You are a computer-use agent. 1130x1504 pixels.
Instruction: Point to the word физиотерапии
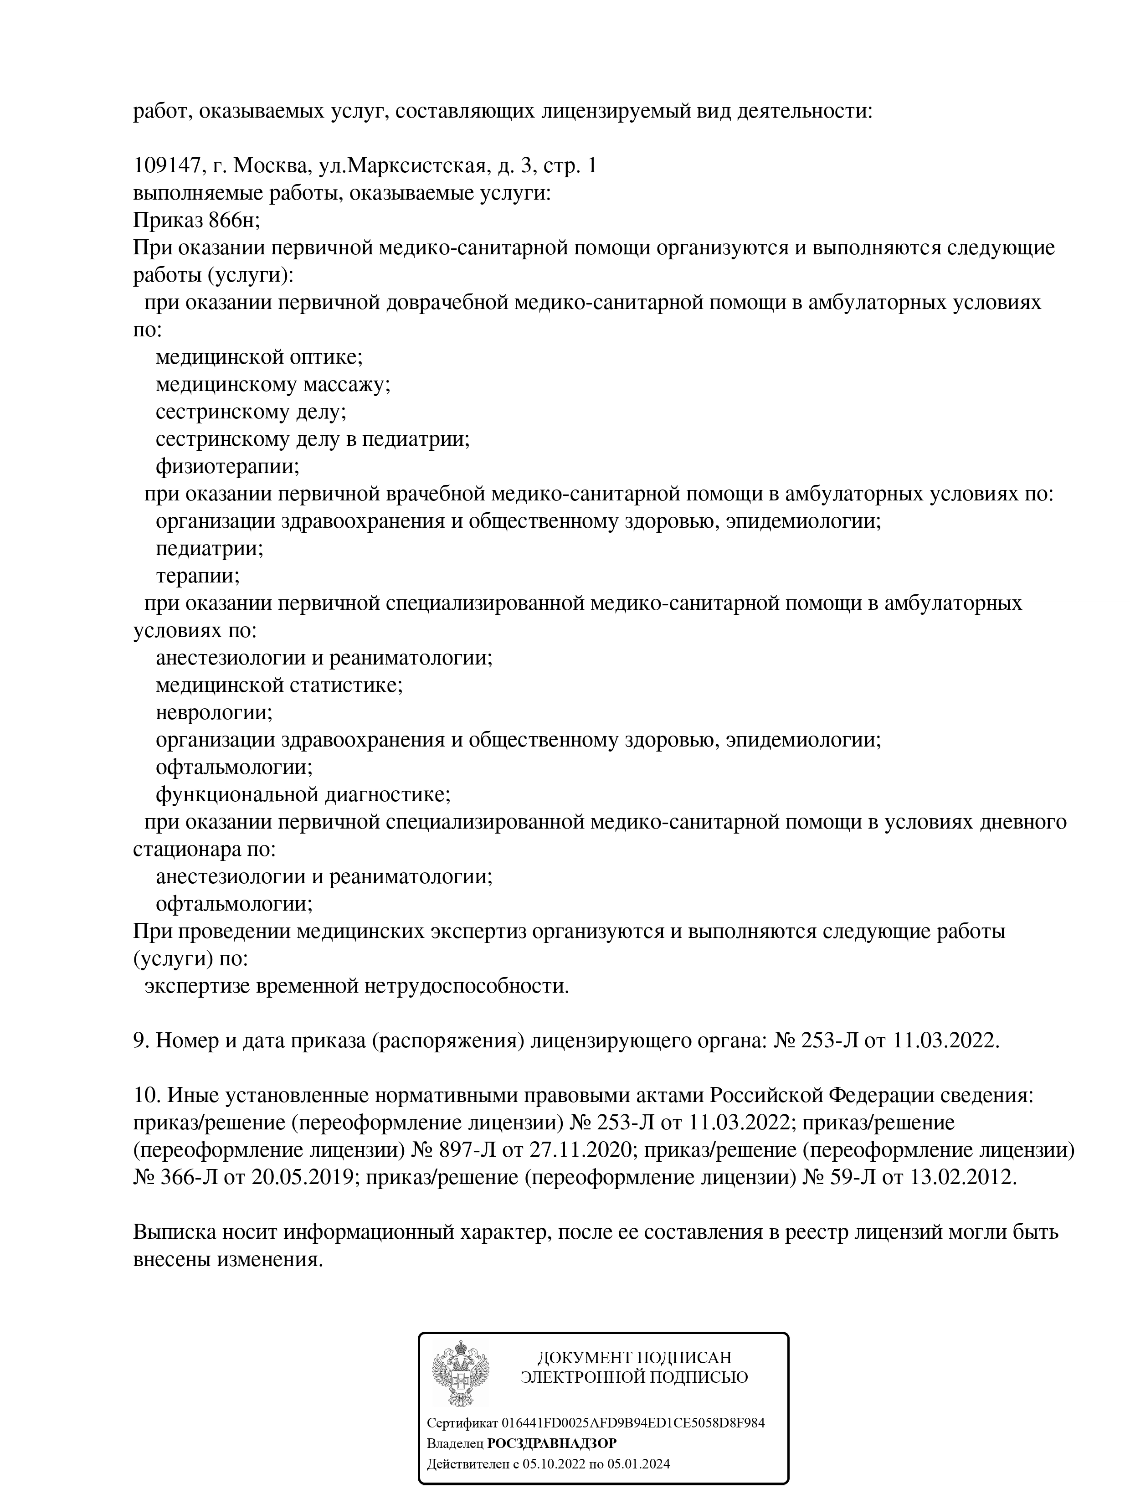tap(227, 466)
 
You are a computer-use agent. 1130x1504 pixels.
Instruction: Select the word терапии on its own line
tap(197, 576)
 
